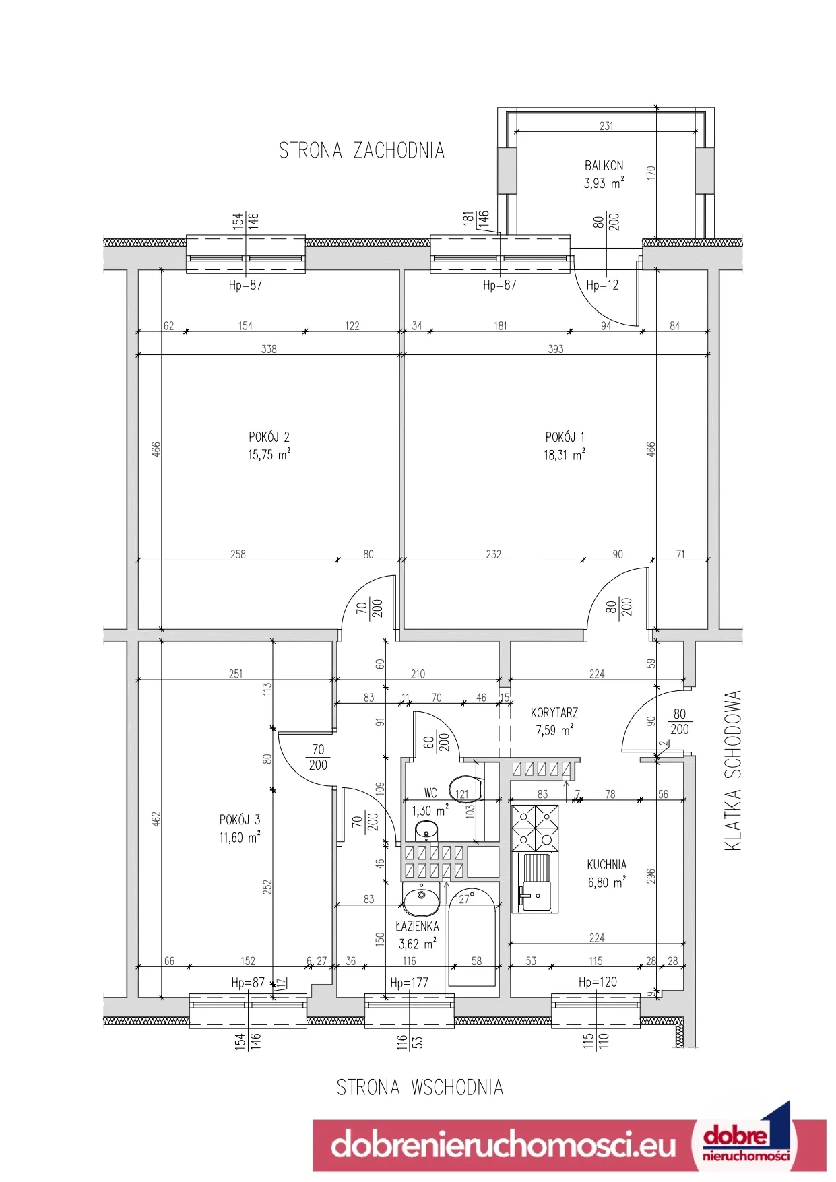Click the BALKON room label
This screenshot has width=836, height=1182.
pos(604,166)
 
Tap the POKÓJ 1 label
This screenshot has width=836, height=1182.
pos(565,437)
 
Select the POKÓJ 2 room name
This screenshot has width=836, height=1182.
pos(269,437)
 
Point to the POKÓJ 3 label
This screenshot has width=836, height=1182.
pos(239,820)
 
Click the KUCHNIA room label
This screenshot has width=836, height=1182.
pos(606,865)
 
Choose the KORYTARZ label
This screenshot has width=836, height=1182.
pos(554,713)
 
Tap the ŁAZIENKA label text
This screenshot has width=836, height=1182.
pos(417,926)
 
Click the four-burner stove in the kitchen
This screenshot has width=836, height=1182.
pos(536,828)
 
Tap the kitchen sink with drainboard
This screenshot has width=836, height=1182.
pos(536,882)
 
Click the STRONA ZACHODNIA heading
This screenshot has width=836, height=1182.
pos(362,150)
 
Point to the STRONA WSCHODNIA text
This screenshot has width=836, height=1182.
pos(420,1087)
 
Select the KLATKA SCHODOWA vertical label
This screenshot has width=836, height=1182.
pos(733,770)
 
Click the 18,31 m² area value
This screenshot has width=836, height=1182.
pos(564,455)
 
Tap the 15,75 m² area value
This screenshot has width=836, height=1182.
pos(269,455)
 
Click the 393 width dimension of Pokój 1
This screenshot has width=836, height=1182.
pos(556,349)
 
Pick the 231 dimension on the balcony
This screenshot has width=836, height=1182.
pos(606,126)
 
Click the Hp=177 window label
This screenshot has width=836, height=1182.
pos(409,983)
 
